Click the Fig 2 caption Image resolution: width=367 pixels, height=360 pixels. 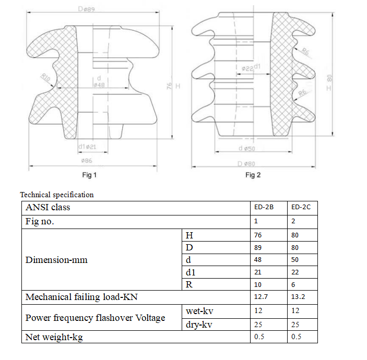click(x=253, y=175)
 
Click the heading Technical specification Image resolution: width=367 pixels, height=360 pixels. click(x=57, y=195)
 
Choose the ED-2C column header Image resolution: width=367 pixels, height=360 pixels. click(x=301, y=207)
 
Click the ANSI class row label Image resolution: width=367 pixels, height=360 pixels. click(x=48, y=207)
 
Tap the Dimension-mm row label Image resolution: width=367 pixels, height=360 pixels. click(x=56, y=259)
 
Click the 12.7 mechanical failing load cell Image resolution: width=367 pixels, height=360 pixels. click(x=261, y=297)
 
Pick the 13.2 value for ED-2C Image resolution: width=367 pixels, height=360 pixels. click(x=298, y=297)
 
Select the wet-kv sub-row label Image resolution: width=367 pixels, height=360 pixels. click(x=199, y=311)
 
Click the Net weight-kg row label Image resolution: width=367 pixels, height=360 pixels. click(x=54, y=337)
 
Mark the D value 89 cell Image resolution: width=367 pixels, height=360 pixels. click(x=258, y=247)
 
